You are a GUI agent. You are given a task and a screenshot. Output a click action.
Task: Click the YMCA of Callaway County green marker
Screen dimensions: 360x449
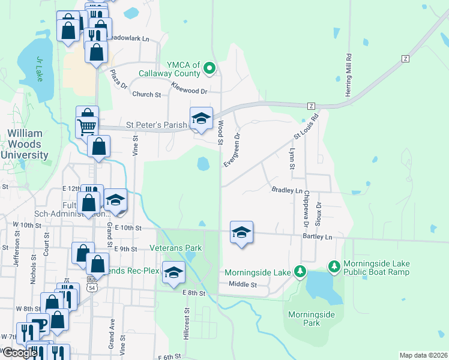point(209,68)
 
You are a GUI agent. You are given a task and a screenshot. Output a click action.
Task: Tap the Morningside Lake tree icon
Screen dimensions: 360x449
point(301,272)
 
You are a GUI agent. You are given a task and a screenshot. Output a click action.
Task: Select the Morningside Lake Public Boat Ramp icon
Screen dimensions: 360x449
point(334,265)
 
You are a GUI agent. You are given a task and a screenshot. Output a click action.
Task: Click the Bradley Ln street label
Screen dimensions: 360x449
point(287,190)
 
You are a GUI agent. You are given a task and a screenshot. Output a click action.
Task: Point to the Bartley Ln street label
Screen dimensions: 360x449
point(318,237)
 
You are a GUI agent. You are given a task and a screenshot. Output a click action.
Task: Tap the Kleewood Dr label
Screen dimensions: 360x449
point(188,89)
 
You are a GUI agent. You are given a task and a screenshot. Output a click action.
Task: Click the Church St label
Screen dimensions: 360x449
point(146,94)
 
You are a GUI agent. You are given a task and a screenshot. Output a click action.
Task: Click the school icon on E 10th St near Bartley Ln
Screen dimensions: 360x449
point(241,233)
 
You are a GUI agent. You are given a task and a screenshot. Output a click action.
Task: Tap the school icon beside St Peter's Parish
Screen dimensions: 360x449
point(201,119)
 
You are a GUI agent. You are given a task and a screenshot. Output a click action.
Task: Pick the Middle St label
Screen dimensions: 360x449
point(242,284)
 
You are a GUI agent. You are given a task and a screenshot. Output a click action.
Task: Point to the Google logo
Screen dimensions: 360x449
point(19,353)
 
